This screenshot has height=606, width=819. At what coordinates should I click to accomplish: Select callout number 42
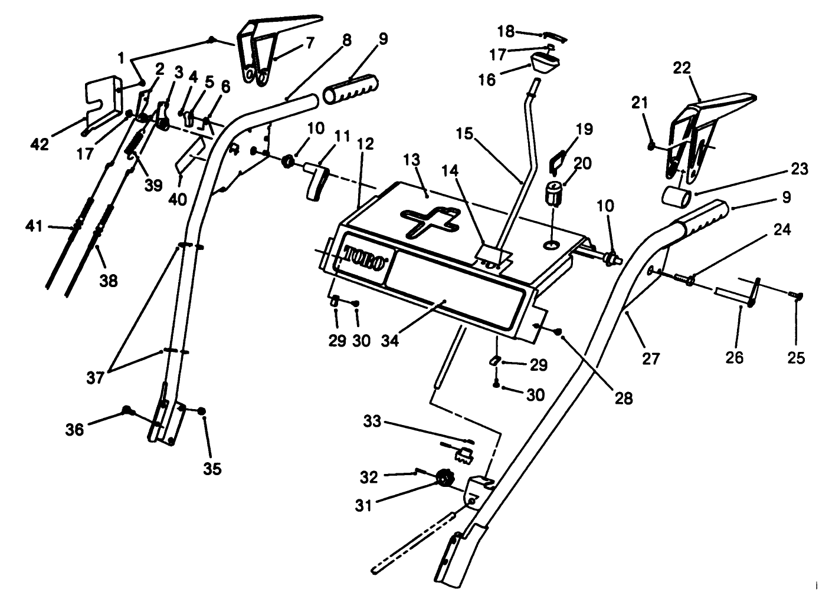tap(40, 144)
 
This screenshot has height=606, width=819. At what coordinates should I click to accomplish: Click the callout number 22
tap(682, 68)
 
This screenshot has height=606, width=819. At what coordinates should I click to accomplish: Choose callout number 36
tap(74, 430)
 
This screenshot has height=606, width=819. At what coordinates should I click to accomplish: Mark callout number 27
tap(651, 357)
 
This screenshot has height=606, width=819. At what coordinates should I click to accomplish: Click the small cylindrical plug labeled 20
tap(553, 194)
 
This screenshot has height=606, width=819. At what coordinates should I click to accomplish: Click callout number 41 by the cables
tap(35, 225)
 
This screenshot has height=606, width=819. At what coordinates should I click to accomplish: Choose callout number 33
tap(372, 421)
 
